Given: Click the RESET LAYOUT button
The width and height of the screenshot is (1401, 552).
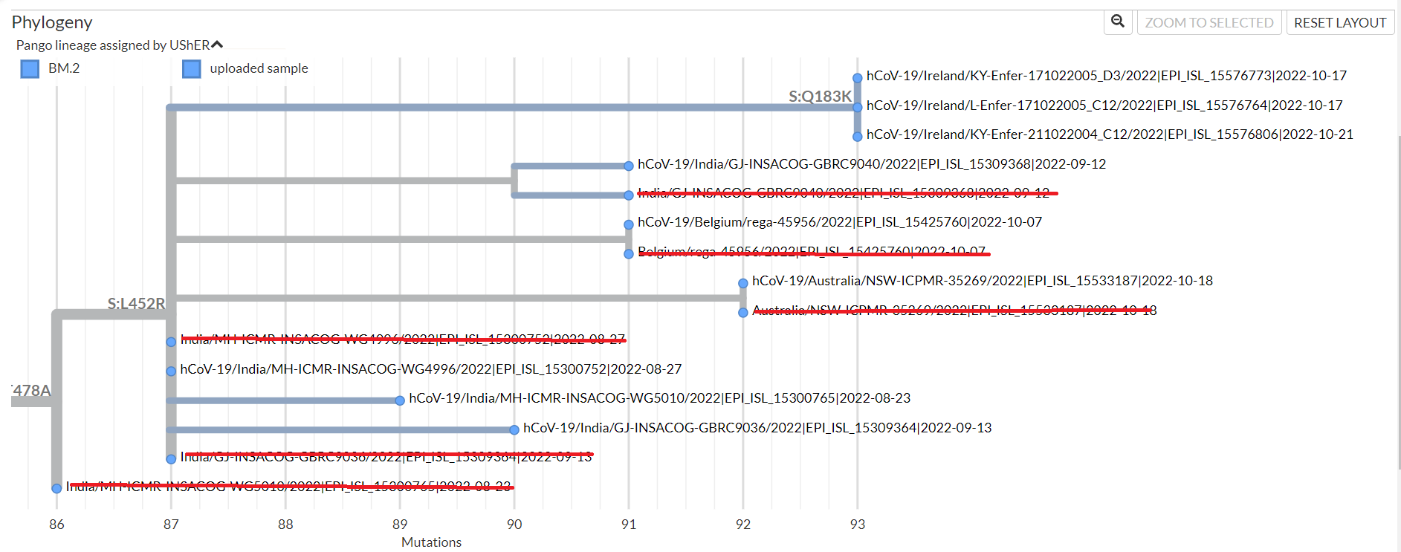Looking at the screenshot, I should pyautogui.click(x=1340, y=23).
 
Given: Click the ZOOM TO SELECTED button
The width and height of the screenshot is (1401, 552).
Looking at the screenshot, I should pyautogui.click(x=1209, y=23).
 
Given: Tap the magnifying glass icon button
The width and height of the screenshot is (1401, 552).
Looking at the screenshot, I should pyautogui.click(x=1117, y=22).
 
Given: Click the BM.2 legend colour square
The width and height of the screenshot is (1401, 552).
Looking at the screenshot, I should pyautogui.click(x=30, y=69).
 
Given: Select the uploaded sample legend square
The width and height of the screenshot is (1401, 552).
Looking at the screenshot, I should pyautogui.click(x=192, y=69).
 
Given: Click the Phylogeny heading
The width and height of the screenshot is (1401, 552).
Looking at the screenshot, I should pyautogui.click(x=52, y=22).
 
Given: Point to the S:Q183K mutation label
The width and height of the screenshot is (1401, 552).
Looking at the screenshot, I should pyautogui.click(x=820, y=96).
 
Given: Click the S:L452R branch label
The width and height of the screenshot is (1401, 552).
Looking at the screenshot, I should pyautogui.click(x=136, y=303).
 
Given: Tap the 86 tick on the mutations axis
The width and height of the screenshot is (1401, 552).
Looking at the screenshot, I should pyautogui.click(x=56, y=525).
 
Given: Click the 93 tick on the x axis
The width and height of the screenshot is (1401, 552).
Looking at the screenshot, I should pyautogui.click(x=858, y=525).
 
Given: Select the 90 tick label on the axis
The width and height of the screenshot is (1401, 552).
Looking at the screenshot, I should pyautogui.click(x=514, y=525).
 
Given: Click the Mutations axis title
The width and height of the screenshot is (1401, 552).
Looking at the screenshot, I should pyautogui.click(x=431, y=542).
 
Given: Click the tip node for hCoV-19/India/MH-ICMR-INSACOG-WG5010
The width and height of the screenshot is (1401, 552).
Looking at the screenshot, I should pyautogui.click(x=400, y=400).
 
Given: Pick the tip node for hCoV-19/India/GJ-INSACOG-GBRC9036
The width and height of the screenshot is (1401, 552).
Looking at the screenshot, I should pyautogui.click(x=514, y=430).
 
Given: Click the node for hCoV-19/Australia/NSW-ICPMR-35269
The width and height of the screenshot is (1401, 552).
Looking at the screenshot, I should pyautogui.click(x=743, y=283).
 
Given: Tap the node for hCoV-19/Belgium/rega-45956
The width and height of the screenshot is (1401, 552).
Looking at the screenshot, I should pyautogui.click(x=629, y=224).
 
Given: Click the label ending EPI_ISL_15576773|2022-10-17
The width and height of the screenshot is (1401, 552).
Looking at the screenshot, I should pyautogui.click(x=1106, y=76).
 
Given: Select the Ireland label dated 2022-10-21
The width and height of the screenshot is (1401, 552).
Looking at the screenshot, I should pyautogui.click(x=1109, y=134).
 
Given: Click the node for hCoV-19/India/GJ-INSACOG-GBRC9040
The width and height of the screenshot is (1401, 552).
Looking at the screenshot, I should pyautogui.click(x=629, y=166).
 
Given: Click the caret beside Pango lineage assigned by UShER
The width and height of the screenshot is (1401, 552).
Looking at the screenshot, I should pyautogui.click(x=217, y=45).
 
